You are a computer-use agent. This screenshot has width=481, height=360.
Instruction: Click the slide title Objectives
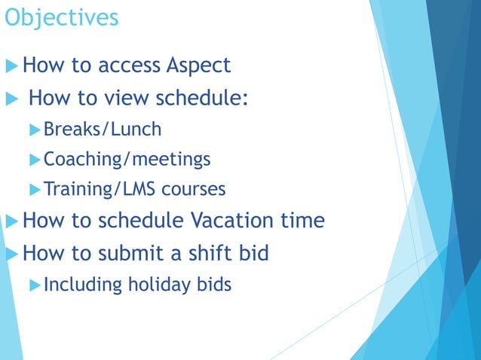(60, 17)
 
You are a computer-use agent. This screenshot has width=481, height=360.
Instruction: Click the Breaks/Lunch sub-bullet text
(103, 130)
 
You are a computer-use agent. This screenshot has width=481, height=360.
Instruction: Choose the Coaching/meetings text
(127, 160)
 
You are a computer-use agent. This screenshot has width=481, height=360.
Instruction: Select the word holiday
(162, 285)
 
